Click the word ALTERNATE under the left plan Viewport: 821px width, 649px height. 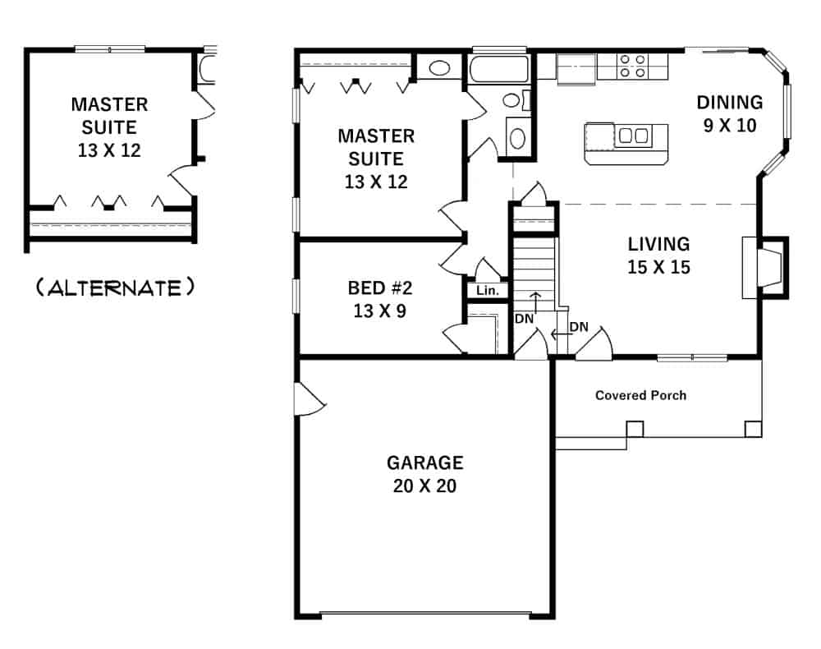(x=115, y=288)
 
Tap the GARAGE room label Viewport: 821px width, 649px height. (x=424, y=463)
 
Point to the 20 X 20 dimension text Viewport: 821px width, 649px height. (x=424, y=486)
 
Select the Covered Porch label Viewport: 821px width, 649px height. (x=640, y=395)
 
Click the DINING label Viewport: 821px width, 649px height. (x=729, y=103)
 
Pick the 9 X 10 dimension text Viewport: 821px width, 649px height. (x=729, y=126)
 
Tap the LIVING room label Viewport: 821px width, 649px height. (x=658, y=244)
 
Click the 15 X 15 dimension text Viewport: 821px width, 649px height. (x=658, y=267)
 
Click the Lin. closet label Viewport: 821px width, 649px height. (x=486, y=290)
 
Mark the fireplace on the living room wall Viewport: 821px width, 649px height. (x=764, y=267)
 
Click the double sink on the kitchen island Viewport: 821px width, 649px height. (x=634, y=136)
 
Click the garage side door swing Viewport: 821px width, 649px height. (x=310, y=398)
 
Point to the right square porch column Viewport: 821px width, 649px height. (x=752, y=429)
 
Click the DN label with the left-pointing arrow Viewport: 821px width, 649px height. (x=578, y=327)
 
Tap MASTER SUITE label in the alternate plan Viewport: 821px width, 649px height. (x=109, y=116)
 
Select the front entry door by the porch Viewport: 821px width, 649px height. (x=593, y=343)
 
